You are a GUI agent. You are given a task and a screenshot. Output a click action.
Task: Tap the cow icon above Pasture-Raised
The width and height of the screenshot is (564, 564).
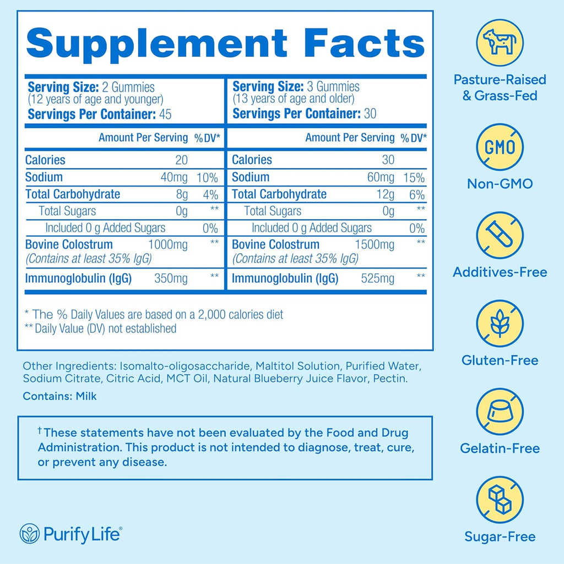click(500, 42)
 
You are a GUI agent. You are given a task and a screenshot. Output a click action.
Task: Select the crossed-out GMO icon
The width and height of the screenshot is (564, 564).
click(500, 147)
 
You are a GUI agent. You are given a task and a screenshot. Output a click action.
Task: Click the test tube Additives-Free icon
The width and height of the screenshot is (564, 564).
click(500, 236)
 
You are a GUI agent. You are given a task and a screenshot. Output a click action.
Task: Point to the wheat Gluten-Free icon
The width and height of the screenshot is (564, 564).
click(500, 324)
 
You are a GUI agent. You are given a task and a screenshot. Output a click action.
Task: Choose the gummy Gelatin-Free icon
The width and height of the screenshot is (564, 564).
click(500, 412)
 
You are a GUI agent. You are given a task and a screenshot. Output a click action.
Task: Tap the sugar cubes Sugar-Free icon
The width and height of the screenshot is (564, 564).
click(500, 500)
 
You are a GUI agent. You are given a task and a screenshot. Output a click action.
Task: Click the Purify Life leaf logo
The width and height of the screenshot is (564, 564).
click(29, 533)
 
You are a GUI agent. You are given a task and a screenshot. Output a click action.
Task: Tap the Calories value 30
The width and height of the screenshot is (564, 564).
click(388, 160)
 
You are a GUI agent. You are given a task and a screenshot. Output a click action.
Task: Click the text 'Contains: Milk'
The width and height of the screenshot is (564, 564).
click(59, 396)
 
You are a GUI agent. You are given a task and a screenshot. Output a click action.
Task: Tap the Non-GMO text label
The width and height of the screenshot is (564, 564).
click(500, 184)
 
